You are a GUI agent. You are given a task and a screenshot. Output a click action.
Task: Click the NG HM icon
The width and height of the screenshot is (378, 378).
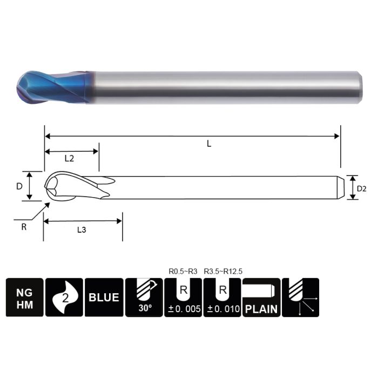pos(24,297)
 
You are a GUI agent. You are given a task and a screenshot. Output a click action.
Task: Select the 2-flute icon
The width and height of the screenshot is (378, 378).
pos(64,297)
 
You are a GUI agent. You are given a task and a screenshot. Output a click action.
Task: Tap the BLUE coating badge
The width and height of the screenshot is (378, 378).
pos(104,297)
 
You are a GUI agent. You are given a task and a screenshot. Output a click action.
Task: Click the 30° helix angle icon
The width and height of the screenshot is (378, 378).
pos(143,297)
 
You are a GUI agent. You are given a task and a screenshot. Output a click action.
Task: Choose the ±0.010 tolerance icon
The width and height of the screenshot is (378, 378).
pos(222,297)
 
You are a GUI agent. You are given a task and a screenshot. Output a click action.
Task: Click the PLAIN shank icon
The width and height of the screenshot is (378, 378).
pos(261,297)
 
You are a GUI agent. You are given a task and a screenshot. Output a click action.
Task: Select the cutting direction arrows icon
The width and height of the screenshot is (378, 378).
pos(301,297)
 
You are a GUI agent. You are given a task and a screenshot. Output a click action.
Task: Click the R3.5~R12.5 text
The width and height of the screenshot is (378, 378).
pos(224,271)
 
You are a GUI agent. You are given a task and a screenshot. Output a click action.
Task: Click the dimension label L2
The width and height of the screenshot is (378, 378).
pos(69,159)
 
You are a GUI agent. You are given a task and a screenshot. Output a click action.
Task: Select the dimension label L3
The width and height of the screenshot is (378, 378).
pos(82,230)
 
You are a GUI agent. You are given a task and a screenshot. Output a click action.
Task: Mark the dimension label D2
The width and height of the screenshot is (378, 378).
pos(362,188)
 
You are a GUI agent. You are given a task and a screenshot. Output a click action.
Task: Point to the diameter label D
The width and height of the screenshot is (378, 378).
pos(19,186)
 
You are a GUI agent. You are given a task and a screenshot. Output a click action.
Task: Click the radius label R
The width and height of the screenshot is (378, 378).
pos(23,227)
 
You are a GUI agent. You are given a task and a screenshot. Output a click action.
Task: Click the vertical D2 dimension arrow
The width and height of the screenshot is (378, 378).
pos(352,187)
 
